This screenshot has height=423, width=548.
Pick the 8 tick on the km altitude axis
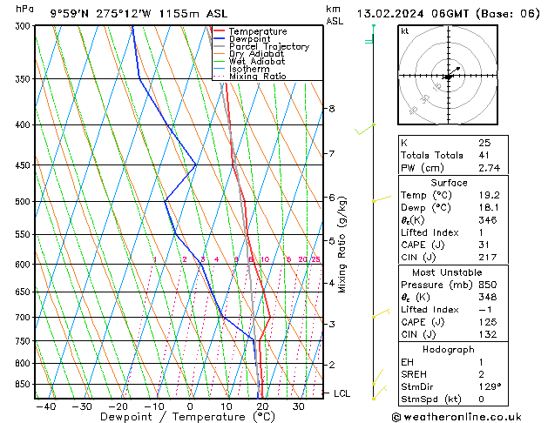331,109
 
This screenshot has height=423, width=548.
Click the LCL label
342,393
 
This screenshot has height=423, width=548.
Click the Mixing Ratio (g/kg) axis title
342,245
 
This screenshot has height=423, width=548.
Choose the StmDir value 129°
489,386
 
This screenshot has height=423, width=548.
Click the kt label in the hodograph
405,30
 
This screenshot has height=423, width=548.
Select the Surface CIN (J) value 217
486,258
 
